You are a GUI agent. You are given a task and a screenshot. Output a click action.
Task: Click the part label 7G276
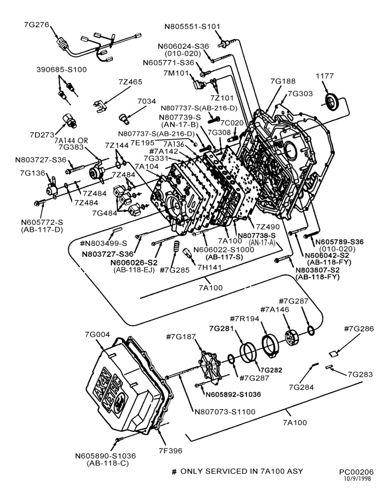tap(36, 24)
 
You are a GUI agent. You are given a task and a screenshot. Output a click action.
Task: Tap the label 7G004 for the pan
tap(97, 335)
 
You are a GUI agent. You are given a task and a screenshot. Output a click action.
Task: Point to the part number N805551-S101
tap(192, 27)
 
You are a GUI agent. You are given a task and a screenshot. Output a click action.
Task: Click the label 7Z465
tap(130, 82)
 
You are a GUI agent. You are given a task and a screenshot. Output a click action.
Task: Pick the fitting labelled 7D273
tap(70, 121)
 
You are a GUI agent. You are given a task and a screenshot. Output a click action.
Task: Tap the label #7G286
tap(359, 329)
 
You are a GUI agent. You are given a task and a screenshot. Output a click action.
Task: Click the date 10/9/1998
tap(358, 479)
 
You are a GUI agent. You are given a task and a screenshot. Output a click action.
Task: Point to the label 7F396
tap(171, 451)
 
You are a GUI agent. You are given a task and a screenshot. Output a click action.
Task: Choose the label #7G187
tap(181, 337)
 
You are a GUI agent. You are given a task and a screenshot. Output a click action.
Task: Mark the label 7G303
tap(300, 94)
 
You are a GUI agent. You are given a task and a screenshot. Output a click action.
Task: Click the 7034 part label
tap(147, 101)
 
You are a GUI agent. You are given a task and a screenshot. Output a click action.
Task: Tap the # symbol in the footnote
tap(174, 472)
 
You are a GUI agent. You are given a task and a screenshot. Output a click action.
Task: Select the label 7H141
tap(209, 268)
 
